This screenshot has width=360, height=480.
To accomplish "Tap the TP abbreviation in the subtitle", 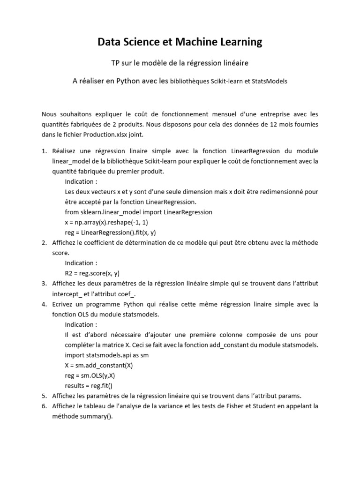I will (115, 63).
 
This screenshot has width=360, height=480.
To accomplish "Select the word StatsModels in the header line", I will (270, 81).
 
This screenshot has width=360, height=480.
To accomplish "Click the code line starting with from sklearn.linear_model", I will (138, 212).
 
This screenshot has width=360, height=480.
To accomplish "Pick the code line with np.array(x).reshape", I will (106, 222).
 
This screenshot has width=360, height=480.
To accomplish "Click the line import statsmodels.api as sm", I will (106, 355).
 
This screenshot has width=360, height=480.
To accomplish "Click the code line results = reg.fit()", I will (89, 385).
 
